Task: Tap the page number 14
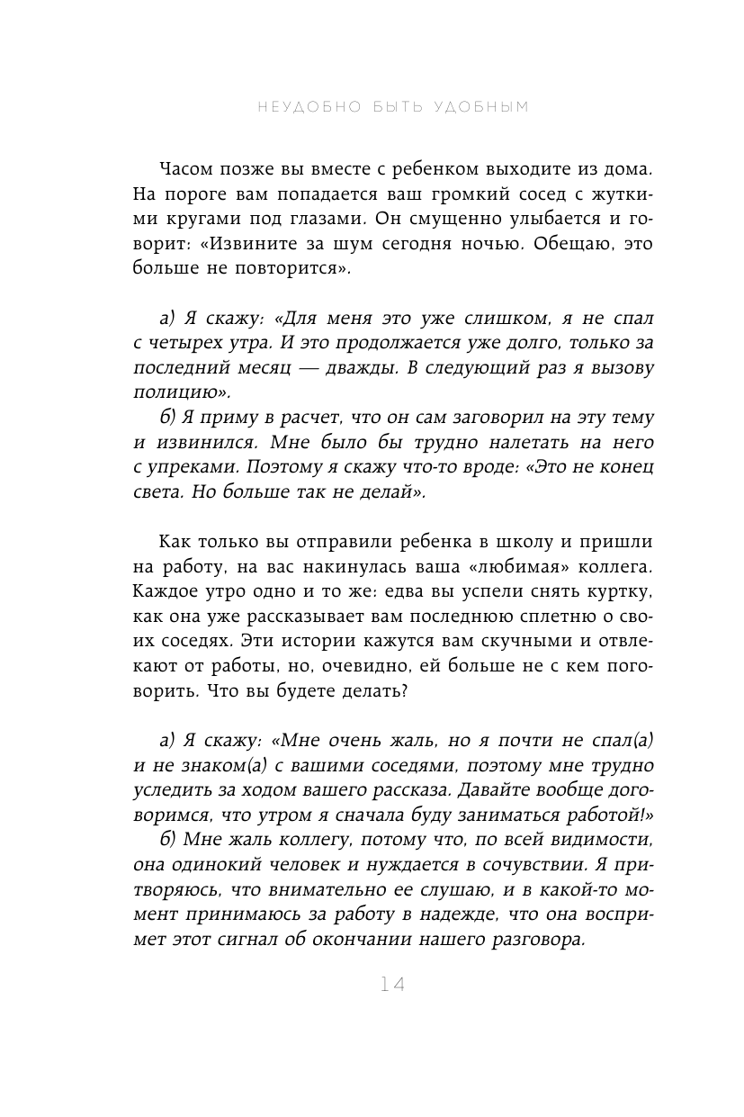point(393,986)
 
